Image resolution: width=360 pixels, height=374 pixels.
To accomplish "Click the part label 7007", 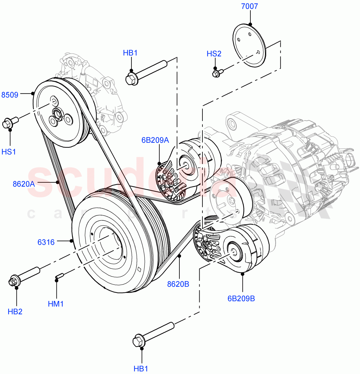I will pos(249,6).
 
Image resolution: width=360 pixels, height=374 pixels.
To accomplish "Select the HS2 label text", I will pos(214,54).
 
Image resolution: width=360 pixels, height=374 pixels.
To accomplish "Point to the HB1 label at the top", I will pos(130,53).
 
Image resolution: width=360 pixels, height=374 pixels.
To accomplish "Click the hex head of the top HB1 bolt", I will pos(132,79).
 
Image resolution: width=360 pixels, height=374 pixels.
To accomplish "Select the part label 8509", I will pos(10,95).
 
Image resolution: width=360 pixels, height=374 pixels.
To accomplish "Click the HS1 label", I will pos(8,152).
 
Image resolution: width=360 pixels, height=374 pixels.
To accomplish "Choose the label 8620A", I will pos(24,184).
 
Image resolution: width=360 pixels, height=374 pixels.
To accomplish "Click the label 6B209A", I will pos(155,140).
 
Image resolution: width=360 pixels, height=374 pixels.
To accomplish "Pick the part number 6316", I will pos(46,242).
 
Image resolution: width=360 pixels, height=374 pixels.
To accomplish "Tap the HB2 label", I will pos(15,312).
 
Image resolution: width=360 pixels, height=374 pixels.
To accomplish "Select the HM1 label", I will pos(56,304).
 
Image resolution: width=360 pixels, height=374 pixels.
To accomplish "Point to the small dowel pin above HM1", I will pos(59,276).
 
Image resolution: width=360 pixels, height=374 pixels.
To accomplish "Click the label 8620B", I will pos(178,284).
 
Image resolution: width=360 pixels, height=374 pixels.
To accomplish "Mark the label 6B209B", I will pos(241,299).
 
